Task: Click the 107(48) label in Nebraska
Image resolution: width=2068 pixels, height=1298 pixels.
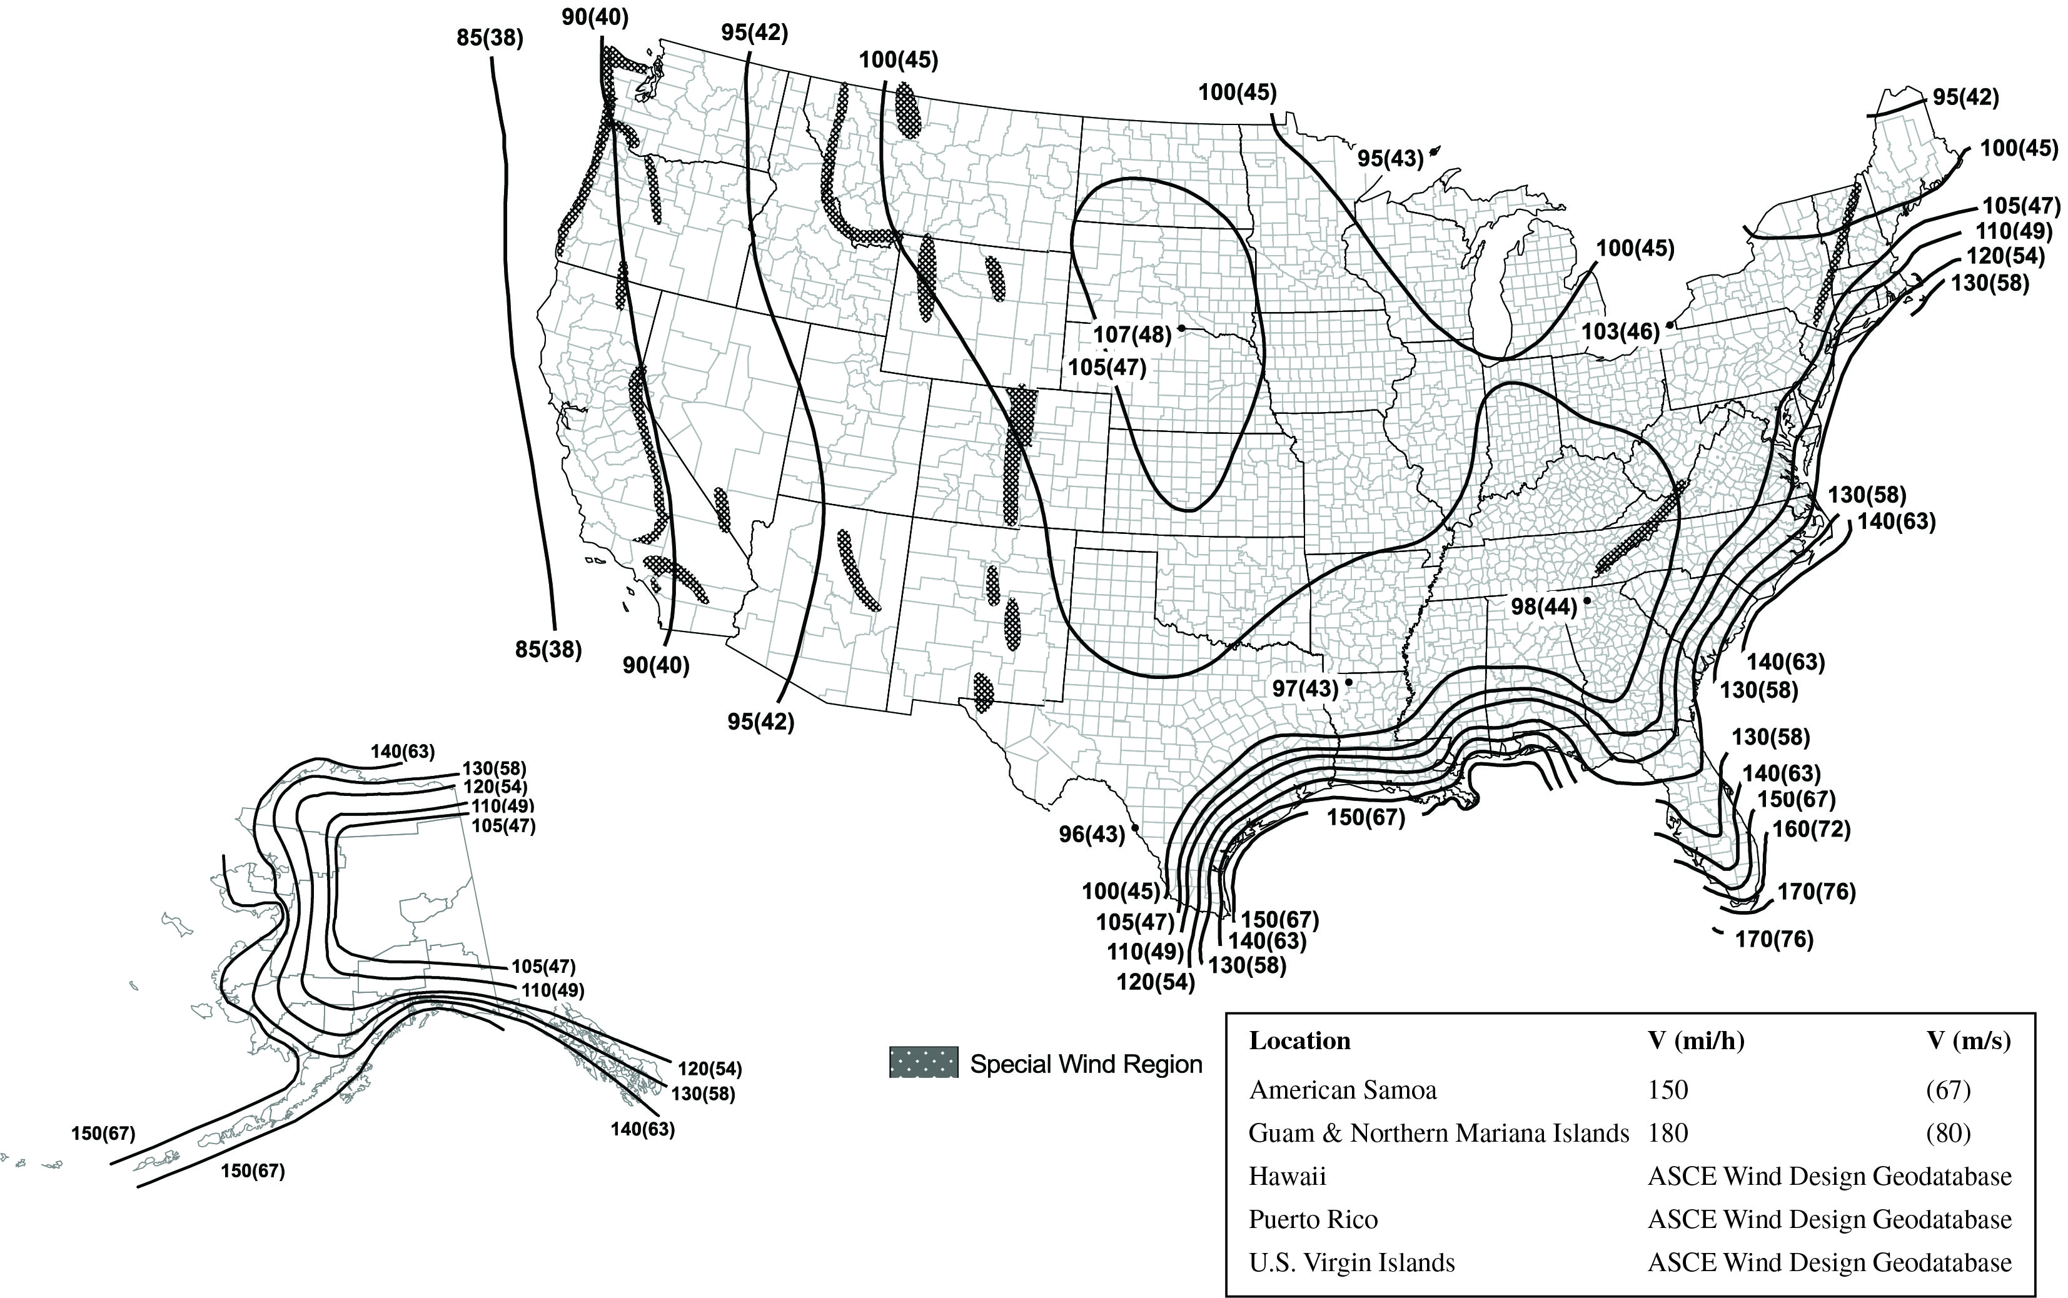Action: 1131,334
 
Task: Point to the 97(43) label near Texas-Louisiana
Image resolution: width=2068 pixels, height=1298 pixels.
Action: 1305,688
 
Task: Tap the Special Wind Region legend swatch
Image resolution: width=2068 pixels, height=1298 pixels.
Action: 923,1063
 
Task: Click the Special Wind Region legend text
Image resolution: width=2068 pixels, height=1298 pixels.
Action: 1086,1065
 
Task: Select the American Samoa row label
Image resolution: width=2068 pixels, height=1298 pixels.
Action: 1342,1090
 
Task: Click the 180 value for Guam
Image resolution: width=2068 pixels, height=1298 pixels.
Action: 1667,1133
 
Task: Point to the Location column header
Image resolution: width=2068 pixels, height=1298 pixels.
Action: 1299,1040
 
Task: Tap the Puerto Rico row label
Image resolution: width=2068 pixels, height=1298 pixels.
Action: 1313,1219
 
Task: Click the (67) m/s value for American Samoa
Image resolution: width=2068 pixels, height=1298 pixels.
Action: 1947,1090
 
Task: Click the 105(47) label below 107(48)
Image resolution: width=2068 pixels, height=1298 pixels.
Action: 1106,368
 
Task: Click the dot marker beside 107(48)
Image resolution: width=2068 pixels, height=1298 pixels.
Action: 1182,328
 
